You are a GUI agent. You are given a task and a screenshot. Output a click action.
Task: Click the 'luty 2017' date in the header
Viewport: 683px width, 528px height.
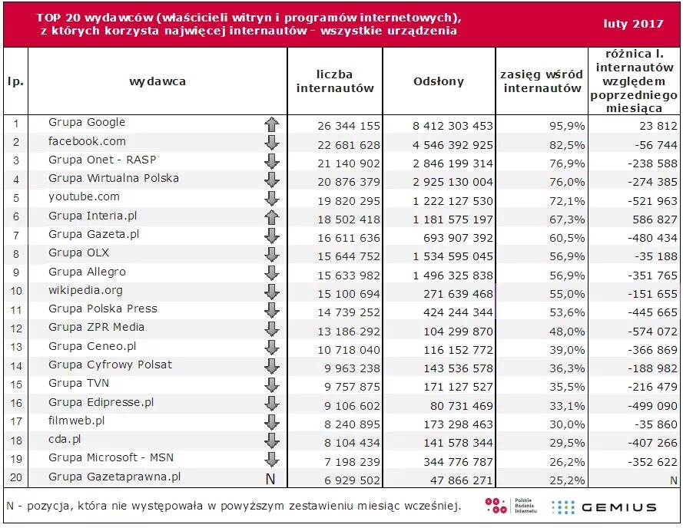point(633,24)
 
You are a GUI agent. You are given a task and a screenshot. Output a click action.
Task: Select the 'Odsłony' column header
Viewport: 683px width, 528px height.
point(439,81)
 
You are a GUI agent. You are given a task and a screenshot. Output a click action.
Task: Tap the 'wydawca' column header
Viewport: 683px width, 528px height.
point(157,81)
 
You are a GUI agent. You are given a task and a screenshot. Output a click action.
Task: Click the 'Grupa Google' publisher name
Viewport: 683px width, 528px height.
point(87,122)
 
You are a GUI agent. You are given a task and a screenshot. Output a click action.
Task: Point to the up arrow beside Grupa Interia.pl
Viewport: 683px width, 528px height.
point(272,217)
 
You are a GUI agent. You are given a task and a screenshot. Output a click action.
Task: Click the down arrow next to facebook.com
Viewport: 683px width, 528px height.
point(272,143)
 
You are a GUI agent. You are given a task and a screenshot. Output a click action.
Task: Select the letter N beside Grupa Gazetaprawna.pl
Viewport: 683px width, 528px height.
point(270,479)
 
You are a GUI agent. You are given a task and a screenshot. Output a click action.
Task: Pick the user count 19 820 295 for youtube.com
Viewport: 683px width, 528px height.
point(349,201)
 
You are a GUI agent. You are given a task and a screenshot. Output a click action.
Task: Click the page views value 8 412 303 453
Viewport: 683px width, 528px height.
point(453,126)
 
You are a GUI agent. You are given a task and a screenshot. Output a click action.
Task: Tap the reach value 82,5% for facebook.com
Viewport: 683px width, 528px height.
point(567,145)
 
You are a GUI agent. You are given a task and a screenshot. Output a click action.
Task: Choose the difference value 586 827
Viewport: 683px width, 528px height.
point(655,219)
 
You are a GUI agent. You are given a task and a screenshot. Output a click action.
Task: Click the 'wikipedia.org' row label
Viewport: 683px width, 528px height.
point(85,290)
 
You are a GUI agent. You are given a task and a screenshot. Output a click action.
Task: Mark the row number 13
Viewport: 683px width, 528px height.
point(16,347)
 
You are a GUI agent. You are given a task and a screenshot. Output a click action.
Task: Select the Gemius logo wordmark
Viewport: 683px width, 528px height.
point(618,507)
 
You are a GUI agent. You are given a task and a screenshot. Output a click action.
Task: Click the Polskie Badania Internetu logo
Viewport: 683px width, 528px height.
point(511,506)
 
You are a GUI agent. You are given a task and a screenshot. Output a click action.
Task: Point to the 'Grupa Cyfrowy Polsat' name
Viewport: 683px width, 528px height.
point(110,365)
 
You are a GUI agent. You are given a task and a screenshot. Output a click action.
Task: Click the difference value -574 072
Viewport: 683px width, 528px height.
point(652,332)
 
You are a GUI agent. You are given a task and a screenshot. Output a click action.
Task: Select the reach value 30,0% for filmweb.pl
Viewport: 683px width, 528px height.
point(567,424)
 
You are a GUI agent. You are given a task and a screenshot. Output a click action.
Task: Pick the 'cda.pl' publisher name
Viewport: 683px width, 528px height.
point(65,439)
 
